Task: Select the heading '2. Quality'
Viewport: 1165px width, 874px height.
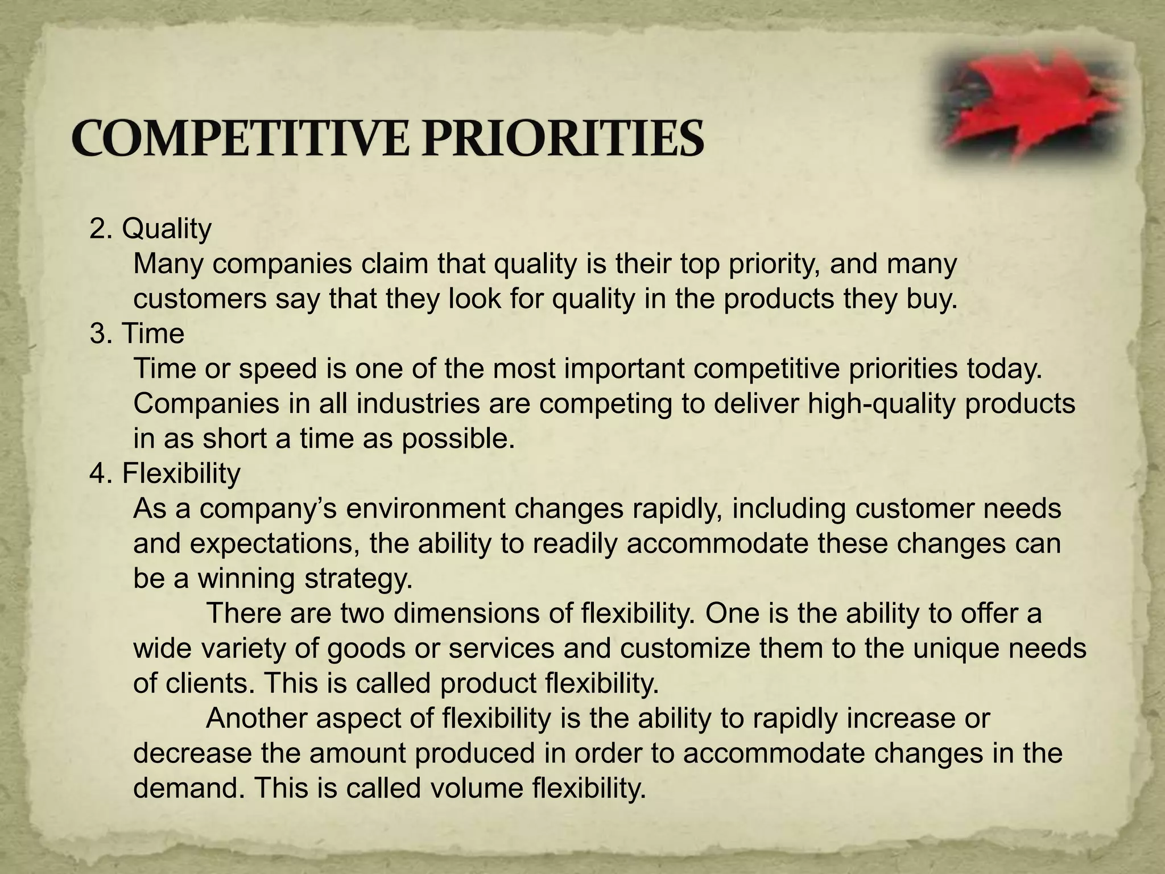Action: coord(150,229)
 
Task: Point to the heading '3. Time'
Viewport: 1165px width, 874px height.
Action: coord(137,333)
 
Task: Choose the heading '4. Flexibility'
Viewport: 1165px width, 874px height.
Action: coord(165,473)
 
